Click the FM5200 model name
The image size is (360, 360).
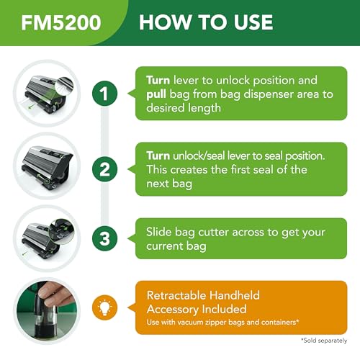tap(61, 22)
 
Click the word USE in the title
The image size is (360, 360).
tap(253, 22)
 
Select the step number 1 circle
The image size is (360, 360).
tap(104, 94)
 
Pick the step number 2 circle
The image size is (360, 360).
tap(104, 169)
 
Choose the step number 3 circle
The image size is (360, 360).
tap(104, 238)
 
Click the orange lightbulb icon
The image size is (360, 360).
tap(104, 307)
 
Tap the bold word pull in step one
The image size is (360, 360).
tap(156, 94)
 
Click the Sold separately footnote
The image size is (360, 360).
tap(324, 341)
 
